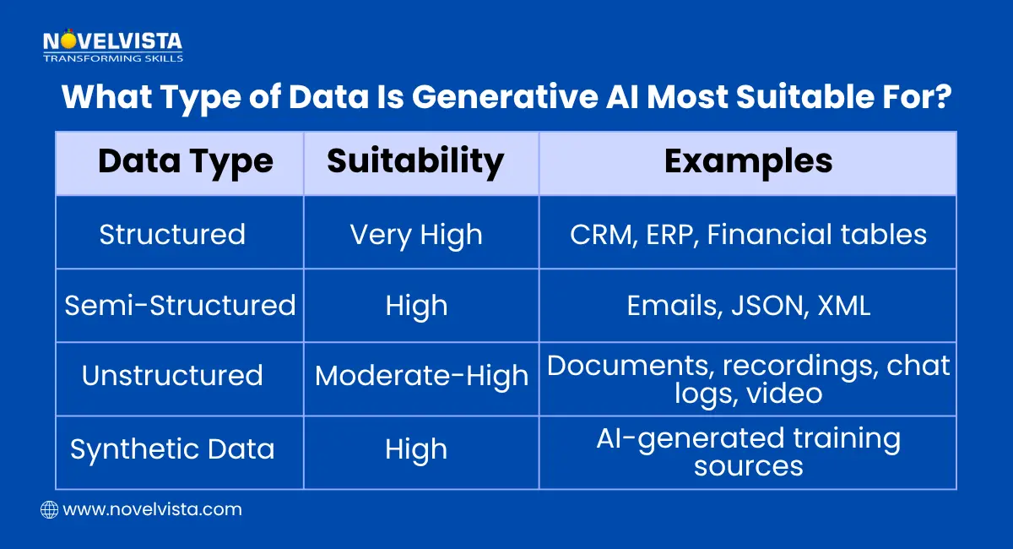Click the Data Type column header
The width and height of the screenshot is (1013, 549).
coord(186,161)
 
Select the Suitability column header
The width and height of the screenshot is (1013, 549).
coord(415,161)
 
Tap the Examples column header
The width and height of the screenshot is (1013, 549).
coord(748,161)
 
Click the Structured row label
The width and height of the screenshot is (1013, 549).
coord(172,234)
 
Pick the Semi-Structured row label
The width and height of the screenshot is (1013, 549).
coord(180,305)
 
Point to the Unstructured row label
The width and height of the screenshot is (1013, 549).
coord(172,376)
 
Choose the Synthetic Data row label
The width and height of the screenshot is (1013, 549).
coord(172,449)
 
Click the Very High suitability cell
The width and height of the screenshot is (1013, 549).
coord(416,234)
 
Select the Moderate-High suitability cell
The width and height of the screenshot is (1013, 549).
coord(421,377)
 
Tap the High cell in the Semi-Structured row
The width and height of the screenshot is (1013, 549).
coord(416,305)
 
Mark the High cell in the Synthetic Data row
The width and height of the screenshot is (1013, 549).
coord(416,449)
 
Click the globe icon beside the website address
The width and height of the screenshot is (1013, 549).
coord(49,509)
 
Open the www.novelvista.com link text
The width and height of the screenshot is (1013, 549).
coord(152,509)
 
